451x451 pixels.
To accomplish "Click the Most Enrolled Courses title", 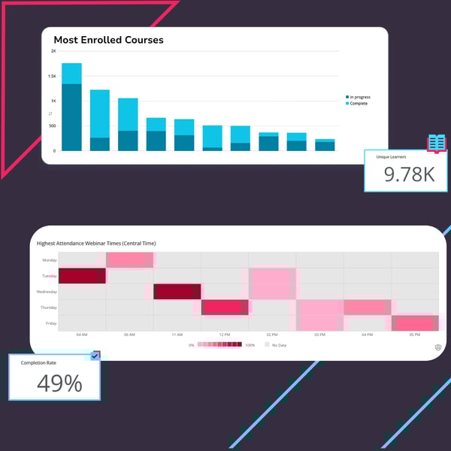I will [x=108, y=40].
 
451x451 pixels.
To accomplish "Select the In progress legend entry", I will [x=358, y=97].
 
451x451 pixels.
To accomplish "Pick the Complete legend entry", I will [x=356, y=104].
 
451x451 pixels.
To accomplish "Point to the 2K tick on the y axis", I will [x=53, y=51].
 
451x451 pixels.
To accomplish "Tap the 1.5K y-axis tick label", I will [x=52, y=76].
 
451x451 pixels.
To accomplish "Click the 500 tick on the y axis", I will [x=52, y=126].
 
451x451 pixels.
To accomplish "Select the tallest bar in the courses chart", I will [x=71, y=107].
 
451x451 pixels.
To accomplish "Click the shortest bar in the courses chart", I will [x=325, y=145].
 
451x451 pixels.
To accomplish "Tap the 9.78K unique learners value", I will [x=409, y=174].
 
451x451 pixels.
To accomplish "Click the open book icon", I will [x=437, y=142].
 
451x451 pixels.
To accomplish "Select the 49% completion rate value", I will [x=59, y=383].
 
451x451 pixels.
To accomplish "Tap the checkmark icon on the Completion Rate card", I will [x=95, y=356].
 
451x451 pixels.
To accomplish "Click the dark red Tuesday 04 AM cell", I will [x=82, y=276].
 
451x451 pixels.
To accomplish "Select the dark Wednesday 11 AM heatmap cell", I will [x=177, y=292].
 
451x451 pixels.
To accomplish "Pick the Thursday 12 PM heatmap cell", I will [x=225, y=307].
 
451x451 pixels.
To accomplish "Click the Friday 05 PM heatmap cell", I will [x=414, y=323].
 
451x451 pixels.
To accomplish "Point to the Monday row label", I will [x=49, y=260].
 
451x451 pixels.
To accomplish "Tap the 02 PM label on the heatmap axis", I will [x=272, y=335].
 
